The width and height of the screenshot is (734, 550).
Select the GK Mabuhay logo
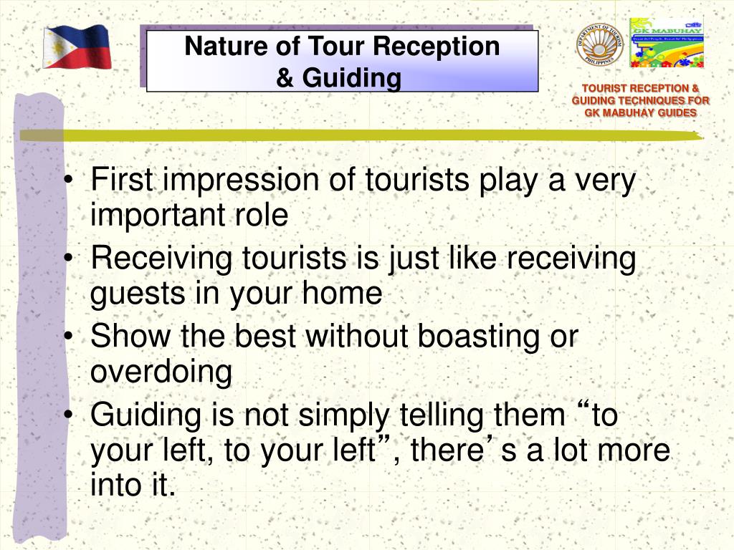click(667, 43)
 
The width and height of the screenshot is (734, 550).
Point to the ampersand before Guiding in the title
click(285, 78)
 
